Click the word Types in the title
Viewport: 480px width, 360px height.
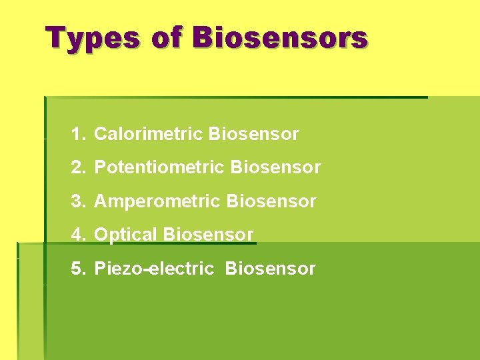pyautogui.click(x=93, y=38)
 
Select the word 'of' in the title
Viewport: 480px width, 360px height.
pyautogui.click(x=166, y=38)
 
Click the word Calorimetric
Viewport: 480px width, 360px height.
pyautogui.click(x=149, y=134)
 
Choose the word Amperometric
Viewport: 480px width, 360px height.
pyautogui.click(x=158, y=201)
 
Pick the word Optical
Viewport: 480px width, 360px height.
pyautogui.click(x=126, y=235)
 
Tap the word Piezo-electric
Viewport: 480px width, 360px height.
pyautogui.click(x=154, y=269)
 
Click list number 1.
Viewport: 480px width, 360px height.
pyautogui.click(x=78, y=134)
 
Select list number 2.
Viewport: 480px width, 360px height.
pyautogui.click(x=78, y=167)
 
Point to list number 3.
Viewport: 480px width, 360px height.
pyautogui.click(x=78, y=201)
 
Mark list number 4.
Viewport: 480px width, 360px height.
pyautogui.click(x=78, y=235)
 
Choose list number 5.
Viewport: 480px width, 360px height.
pyautogui.click(x=78, y=269)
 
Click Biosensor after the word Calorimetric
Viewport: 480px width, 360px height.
pyautogui.click(x=253, y=134)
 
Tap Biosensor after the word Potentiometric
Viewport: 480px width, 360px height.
pyautogui.click(x=275, y=167)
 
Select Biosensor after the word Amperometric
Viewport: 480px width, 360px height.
pyautogui.click(x=271, y=201)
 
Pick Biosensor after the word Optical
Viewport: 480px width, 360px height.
pyautogui.click(x=208, y=235)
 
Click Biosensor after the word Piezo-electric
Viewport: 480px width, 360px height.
pyautogui.click(x=271, y=269)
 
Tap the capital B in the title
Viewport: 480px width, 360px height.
pyautogui.click(x=203, y=38)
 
